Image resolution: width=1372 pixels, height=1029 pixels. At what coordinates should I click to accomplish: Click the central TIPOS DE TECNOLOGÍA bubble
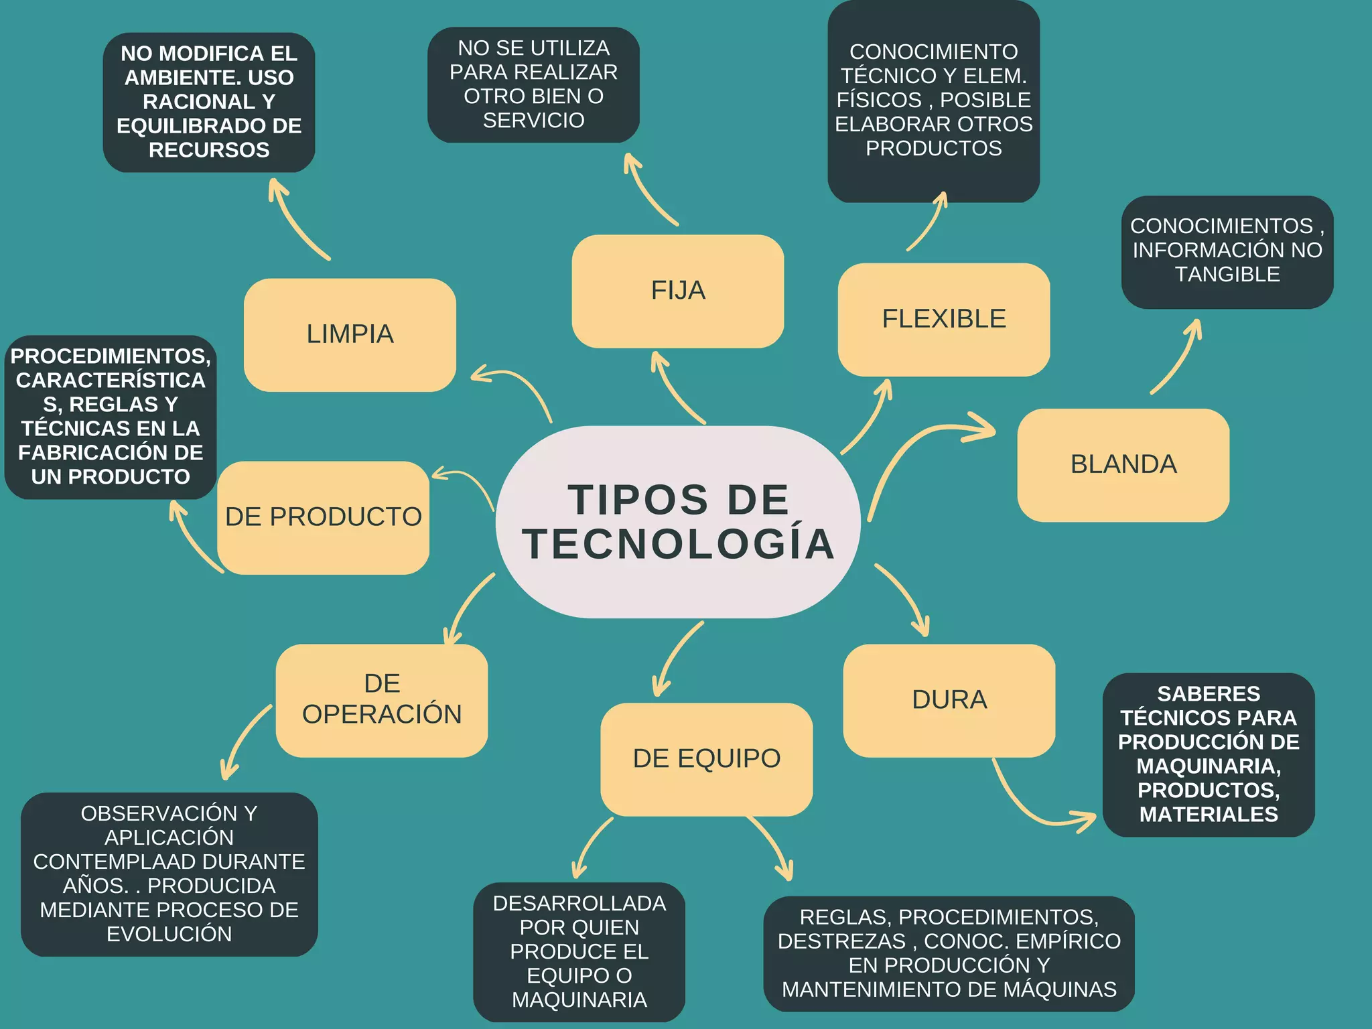tap(678, 521)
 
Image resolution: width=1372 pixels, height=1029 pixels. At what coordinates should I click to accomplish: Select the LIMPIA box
tap(350, 334)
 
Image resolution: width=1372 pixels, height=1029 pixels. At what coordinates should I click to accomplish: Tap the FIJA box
tap(678, 291)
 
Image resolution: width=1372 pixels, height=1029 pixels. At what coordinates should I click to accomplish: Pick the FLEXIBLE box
tap(943, 319)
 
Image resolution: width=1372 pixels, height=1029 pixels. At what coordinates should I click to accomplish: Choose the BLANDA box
tap(1123, 465)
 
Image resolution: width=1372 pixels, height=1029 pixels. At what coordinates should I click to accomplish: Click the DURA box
tap(949, 700)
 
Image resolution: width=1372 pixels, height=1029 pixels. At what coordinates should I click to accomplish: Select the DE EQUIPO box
tap(706, 758)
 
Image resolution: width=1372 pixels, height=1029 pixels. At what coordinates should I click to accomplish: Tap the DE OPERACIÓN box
tap(382, 700)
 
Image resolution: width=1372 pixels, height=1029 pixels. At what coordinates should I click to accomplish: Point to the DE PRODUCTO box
tap(323, 517)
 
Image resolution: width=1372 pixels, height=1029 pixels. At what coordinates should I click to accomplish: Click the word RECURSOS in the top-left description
tap(209, 150)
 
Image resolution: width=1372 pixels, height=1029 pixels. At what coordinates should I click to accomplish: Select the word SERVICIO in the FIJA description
tap(533, 121)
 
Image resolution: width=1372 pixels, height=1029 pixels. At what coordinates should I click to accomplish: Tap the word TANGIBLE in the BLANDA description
tap(1227, 275)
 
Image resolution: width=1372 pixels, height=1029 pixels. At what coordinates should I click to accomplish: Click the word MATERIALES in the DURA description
tap(1209, 815)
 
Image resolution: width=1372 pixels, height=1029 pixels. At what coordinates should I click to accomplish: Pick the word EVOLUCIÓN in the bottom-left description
tap(169, 934)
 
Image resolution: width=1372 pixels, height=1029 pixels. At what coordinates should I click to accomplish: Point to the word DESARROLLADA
tap(579, 904)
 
